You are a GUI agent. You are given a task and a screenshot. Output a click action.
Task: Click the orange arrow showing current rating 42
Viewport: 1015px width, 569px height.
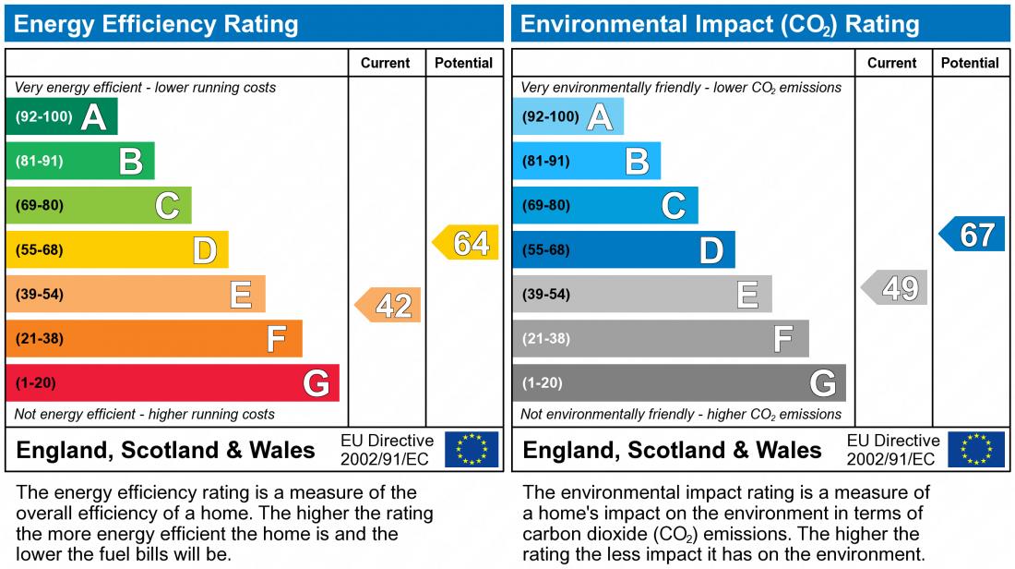tap(388, 305)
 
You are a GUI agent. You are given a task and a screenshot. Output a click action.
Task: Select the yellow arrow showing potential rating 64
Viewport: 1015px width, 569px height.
tap(466, 243)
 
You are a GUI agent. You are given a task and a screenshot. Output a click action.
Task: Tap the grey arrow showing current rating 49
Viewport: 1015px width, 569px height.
tap(895, 288)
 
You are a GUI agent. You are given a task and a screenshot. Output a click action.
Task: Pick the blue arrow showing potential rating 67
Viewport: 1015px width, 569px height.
tap(973, 235)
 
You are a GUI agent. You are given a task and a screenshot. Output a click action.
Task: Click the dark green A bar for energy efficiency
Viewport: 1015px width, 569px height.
tap(62, 116)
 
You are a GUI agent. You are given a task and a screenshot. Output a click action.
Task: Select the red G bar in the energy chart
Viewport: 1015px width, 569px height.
tap(173, 382)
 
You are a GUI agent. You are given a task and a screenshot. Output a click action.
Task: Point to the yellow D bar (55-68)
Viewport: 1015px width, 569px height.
tap(117, 249)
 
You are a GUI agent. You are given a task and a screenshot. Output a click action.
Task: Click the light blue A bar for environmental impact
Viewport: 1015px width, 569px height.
tap(567, 116)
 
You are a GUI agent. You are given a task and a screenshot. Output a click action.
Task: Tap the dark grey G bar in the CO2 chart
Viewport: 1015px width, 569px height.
tap(679, 382)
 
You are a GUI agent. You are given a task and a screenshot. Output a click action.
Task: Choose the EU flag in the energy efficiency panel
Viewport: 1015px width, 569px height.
tap(472, 450)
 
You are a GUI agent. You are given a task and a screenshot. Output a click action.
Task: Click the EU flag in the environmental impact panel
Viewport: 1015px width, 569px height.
tap(977, 450)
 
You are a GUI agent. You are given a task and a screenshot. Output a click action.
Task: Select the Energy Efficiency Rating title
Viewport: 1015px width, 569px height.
tap(156, 24)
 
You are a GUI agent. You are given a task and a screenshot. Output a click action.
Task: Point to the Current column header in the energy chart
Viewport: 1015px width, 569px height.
tap(386, 63)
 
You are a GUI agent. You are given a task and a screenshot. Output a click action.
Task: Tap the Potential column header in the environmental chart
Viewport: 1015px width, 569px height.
tap(970, 63)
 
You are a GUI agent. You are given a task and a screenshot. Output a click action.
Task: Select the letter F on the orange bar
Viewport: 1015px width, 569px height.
tap(276, 339)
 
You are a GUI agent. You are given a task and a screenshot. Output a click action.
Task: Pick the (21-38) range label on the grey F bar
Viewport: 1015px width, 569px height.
tap(546, 339)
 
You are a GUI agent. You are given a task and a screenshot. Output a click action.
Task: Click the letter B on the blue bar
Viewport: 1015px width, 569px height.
tap(637, 162)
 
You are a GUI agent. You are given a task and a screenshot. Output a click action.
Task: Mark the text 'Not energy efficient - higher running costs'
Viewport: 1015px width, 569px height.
tap(145, 414)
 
